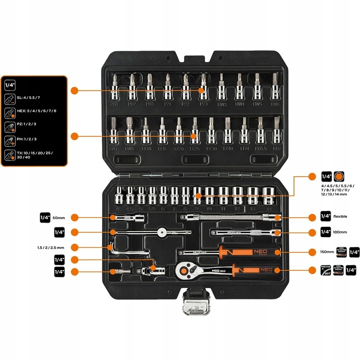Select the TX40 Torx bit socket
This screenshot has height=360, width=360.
(x=227, y=131)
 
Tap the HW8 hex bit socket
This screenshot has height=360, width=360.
(x=129, y=131)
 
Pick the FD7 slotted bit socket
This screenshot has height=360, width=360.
(x=275, y=131)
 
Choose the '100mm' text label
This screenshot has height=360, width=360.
(x=340, y=232)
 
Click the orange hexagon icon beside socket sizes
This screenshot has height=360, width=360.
(x=341, y=176)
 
